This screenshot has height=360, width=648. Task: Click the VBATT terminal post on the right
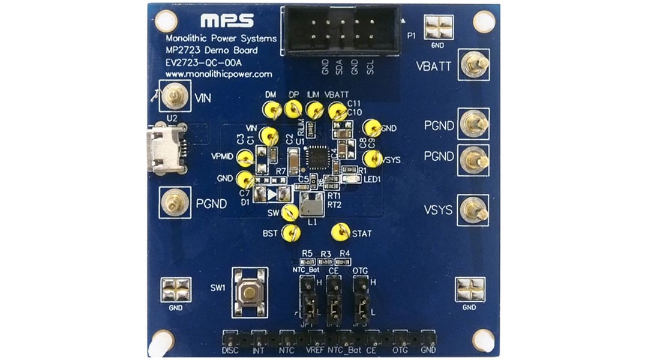pos(474,64)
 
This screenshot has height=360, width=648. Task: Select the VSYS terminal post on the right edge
pos(473,210)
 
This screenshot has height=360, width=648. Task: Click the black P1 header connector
pos(343,30)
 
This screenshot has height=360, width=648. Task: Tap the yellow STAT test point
pos(341,232)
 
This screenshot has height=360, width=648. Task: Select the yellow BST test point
pos(291,232)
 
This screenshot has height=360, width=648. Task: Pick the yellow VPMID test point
pos(245,158)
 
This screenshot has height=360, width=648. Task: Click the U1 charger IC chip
pos(317,158)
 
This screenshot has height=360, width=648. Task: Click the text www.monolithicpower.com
pos(218,74)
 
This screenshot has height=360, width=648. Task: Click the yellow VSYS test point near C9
pos(372,158)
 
